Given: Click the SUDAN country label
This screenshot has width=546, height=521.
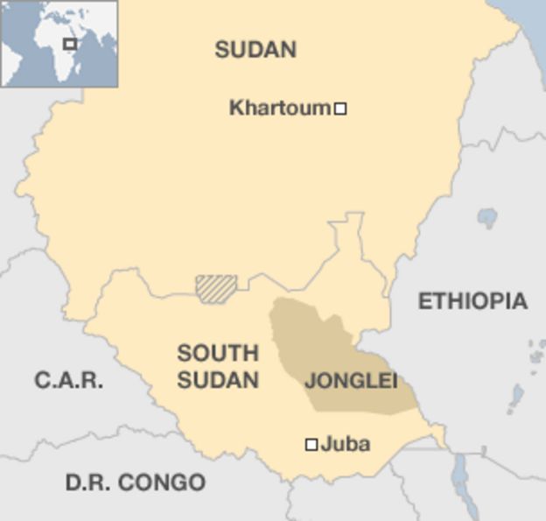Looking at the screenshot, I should pyautogui.click(x=255, y=50).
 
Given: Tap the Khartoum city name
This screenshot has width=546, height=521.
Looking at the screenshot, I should pyautogui.click(x=280, y=109).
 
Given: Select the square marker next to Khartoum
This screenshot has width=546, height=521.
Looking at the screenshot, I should pyautogui.click(x=341, y=109).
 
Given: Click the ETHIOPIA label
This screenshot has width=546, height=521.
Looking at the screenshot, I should pyautogui.click(x=472, y=301).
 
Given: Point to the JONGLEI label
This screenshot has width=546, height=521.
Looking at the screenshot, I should pyautogui.click(x=351, y=381).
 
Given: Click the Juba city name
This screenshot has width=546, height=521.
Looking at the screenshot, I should pyautogui.click(x=346, y=444).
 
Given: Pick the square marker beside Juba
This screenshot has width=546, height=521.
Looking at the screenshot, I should pyautogui.click(x=311, y=445).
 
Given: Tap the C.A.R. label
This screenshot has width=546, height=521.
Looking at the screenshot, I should pyautogui.click(x=69, y=380).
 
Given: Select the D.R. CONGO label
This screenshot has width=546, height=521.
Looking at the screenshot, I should pyautogui.click(x=136, y=482).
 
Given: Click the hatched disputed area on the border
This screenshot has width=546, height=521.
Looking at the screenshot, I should pyautogui.click(x=216, y=288).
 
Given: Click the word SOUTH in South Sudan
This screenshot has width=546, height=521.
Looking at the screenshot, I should pyautogui.click(x=218, y=354).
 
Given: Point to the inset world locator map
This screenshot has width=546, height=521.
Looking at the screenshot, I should pyautogui.click(x=59, y=44).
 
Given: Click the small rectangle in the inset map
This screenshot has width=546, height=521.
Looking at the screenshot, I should pyautogui.click(x=70, y=44).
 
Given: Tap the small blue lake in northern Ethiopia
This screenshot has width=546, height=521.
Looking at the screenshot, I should pyautogui.click(x=487, y=217).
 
